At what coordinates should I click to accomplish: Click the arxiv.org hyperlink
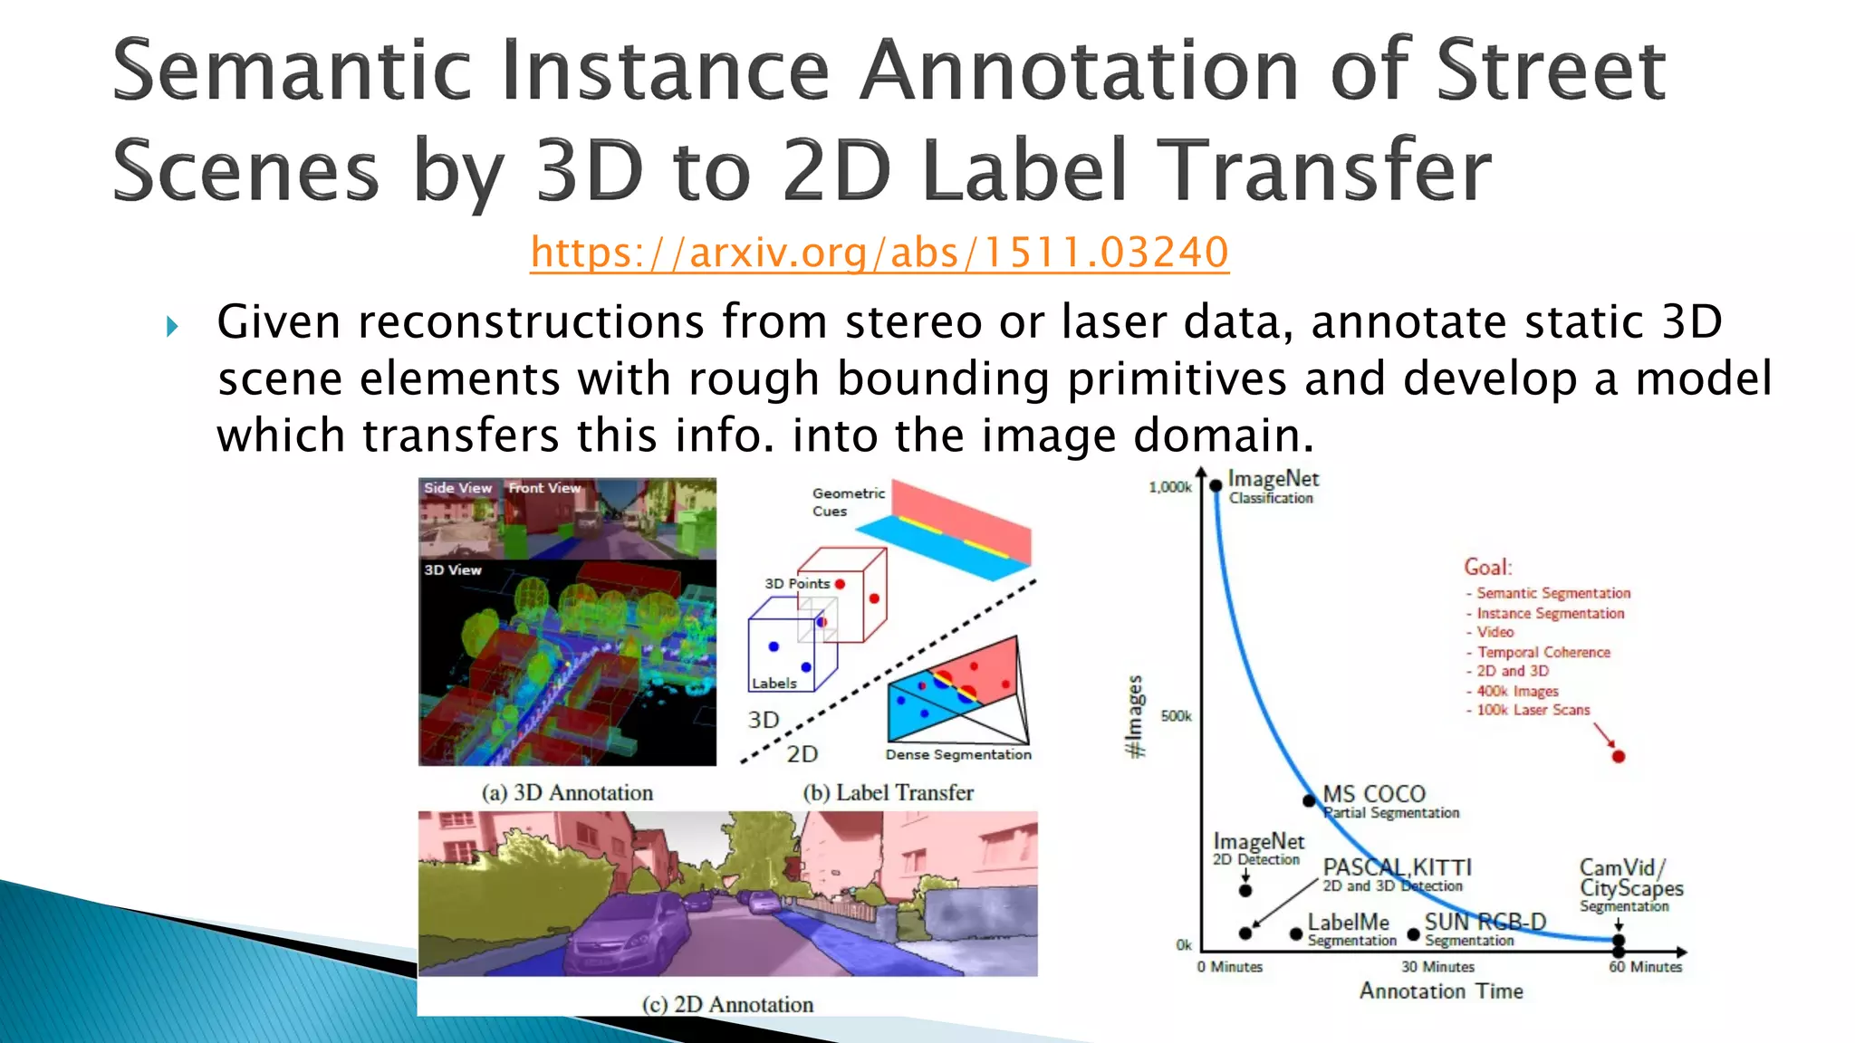(x=879, y=253)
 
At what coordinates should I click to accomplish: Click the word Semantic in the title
(x=292, y=71)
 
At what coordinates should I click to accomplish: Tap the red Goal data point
(x=1619, y=756)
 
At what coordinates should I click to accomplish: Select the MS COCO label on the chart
(x=1374, y=794)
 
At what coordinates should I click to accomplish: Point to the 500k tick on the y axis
(x=1177, y=716)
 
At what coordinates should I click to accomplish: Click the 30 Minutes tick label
(x=1437, y=967)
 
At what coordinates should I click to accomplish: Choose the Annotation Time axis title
(x=1441, y=991)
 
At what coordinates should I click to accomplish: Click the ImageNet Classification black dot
(x=1216, y=486)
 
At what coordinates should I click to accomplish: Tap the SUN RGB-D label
(x=1485, y=923)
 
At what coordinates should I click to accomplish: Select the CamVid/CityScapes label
(x=1630, y=878)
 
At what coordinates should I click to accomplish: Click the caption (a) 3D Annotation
(x=567, y=793)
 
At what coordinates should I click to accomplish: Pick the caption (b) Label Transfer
(x=888, y=793)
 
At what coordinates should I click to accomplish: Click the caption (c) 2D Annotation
(x=727, y=1004)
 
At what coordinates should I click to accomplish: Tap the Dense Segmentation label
(x=958, y=754)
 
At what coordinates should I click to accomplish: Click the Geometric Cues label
(x=848, y=502)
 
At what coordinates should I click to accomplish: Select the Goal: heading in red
(x=1487, y=568)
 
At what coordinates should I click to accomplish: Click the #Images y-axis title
(x=1134, y=716)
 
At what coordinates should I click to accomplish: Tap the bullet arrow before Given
(x=172, y=326)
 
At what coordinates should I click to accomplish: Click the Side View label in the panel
(x=457, y=488)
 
